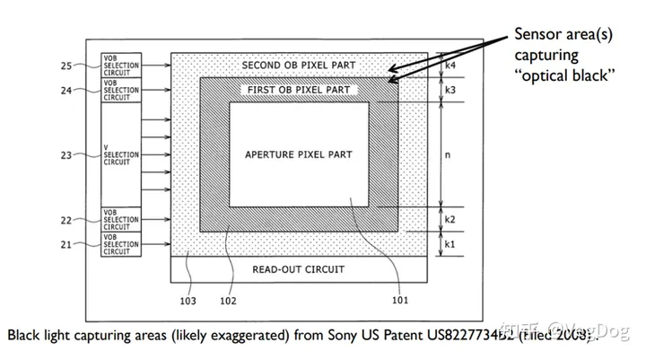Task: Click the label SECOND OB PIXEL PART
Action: click(x=299, y=66)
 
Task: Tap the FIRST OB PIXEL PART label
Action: click(x=297, y=91)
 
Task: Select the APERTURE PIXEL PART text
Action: click(x=299, y=155)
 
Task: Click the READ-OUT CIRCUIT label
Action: click(x=299, y=269)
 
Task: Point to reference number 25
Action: click(x=65, y=66)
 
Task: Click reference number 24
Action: click(x=65, y=90)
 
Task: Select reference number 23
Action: click(x=65, y=155)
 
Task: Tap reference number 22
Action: click(x=65, y=220)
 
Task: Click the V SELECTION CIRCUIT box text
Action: click(x=120, y=155)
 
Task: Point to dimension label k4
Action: click(x=450, y=66)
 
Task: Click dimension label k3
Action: click(x=450, y=91)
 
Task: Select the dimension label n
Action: click(x=449, y=154)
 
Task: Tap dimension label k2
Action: click(x=450, y=220)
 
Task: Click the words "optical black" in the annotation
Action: click(x=563, y=75)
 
